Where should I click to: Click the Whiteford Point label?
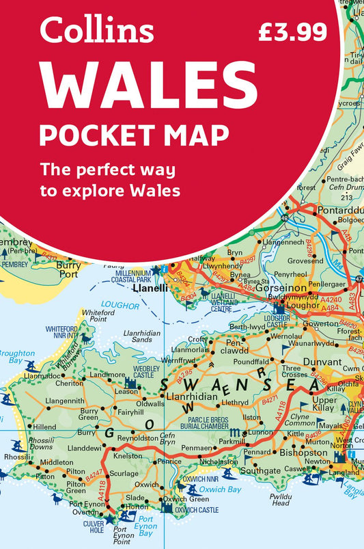(98, 315)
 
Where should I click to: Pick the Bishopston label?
(301, 453)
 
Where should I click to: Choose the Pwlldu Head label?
(280, 499)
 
